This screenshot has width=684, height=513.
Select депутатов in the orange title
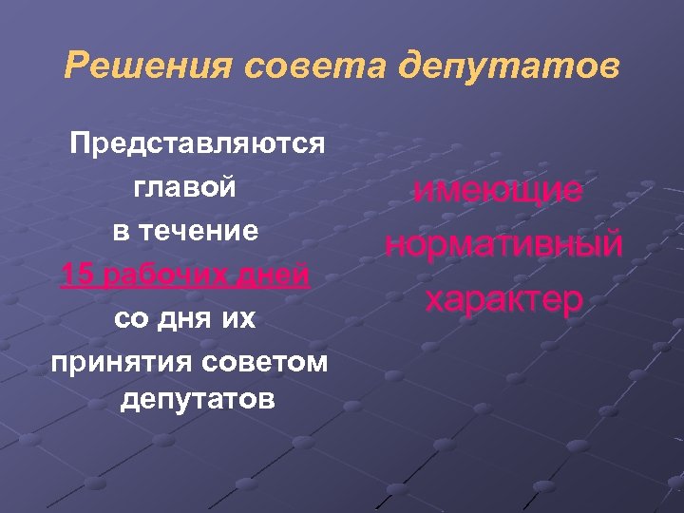tap(509, 67)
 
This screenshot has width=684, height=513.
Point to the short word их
tap(240, 319)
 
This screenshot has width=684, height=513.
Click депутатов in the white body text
tap(199, 400)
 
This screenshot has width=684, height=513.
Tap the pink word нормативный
tap(503, 244)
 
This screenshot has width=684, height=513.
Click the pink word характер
tap(503, 299)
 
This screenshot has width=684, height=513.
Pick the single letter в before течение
tap(123, 231)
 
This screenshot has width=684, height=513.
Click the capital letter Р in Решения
tap(75, 67)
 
